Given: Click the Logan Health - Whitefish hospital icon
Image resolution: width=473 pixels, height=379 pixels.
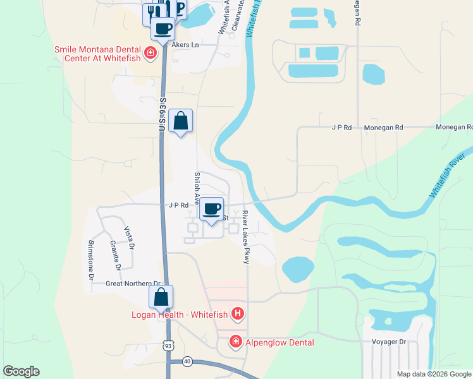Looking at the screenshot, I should (x=238, y=313).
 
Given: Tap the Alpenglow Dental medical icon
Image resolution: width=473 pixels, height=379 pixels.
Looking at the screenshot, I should (x=235, y=342).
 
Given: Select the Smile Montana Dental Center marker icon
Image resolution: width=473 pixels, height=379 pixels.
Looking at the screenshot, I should (x=150, y=52).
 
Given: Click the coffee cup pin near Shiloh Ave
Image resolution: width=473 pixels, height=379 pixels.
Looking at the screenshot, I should (x=212, y=208).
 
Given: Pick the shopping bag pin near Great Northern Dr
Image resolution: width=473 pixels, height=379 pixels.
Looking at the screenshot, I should (x=161, y=297).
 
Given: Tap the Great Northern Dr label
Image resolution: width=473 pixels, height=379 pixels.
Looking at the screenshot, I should (x=135, y=284).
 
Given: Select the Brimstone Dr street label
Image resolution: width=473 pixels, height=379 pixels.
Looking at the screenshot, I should (x=91, y=260).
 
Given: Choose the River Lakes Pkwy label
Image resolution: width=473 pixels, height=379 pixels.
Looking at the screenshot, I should (x=246, y=233).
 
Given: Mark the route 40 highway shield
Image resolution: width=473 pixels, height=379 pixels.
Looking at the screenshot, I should (x=187, y=361).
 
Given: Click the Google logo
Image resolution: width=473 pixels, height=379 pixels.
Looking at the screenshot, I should (x=21, y=371).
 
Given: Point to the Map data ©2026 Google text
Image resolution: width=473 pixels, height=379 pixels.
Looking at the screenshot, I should (x=433, y=374).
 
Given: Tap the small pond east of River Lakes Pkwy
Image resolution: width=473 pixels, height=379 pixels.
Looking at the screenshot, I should (x=298, y=269).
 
